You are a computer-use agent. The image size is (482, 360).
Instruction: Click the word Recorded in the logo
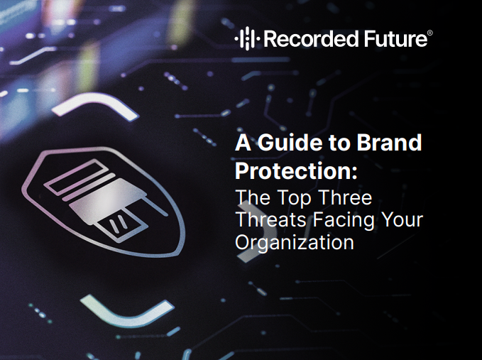click(312, 39)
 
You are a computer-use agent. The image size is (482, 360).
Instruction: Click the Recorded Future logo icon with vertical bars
click(248, 38)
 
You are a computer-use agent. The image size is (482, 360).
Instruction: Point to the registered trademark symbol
click(430, 33)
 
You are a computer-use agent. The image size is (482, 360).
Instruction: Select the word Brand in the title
click(389, 142)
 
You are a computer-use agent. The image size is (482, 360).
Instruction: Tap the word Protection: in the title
click(296, 171)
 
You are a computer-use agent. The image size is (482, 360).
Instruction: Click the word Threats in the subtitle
click(271, 220)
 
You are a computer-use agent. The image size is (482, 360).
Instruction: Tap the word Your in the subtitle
click(402, 220)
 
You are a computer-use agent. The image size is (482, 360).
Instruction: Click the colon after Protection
click(355, 174)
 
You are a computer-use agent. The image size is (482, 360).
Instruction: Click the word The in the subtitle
click(253, 197)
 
